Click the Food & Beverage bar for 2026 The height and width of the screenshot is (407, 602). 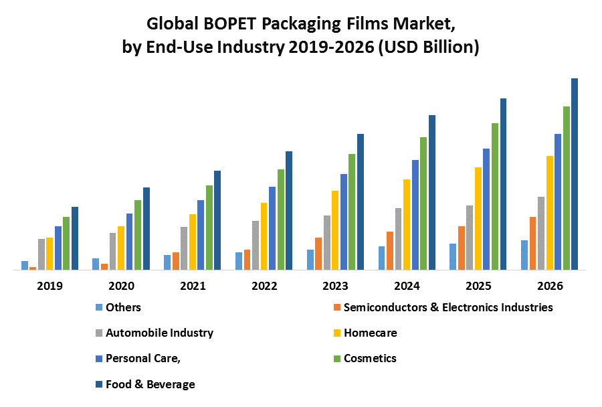coord(574,174)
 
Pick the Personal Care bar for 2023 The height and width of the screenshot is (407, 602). coord(344,222)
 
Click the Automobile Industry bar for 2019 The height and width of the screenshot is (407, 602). coord(41,254)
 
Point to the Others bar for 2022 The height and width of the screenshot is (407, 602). coord(239,261)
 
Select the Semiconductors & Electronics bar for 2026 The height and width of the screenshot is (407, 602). coord(532,243)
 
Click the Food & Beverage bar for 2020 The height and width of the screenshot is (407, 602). coord(146,228)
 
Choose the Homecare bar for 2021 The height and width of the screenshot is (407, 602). coord(193,242)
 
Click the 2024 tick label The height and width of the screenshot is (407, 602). coord(407,286)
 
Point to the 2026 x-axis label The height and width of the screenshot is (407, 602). coord(550,286)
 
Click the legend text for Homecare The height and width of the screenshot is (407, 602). coord(370,333)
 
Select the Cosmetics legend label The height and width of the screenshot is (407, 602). coord(370,358)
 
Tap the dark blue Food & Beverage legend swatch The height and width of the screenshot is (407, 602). coord(98,384)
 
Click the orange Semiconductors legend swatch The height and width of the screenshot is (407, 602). coord(336,308)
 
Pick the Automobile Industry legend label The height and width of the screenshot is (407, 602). coord(159,333)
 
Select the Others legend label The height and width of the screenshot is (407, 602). coord(123,307)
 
